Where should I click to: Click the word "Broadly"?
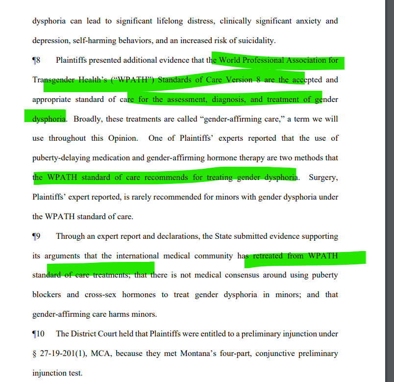(x=89, y=119)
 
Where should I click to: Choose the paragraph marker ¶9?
(x=36, y=236)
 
